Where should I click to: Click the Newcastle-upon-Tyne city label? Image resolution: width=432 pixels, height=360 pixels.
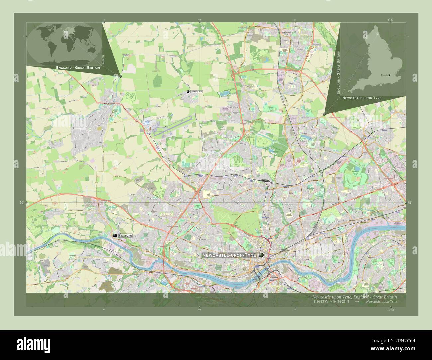[x=229, y=255]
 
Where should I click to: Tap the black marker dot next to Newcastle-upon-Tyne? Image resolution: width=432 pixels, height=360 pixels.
[x=261, y=255]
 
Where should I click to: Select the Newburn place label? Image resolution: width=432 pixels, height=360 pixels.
[x=126, y=235]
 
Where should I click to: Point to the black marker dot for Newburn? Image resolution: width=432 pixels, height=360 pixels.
[x=115, y=235]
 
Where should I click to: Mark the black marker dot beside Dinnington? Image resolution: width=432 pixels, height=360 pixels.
[x=188, y=92]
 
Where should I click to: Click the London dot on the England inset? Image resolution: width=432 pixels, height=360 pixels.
[x=389, y=75]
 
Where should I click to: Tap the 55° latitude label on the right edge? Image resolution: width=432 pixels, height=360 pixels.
[x=409, y=203]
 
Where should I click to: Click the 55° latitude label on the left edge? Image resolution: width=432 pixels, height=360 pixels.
[x=21, y=202]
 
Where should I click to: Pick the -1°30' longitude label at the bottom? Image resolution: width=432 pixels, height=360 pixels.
[x=390, y=310]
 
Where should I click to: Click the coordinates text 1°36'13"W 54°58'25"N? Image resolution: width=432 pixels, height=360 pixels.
[x=331, y=302]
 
